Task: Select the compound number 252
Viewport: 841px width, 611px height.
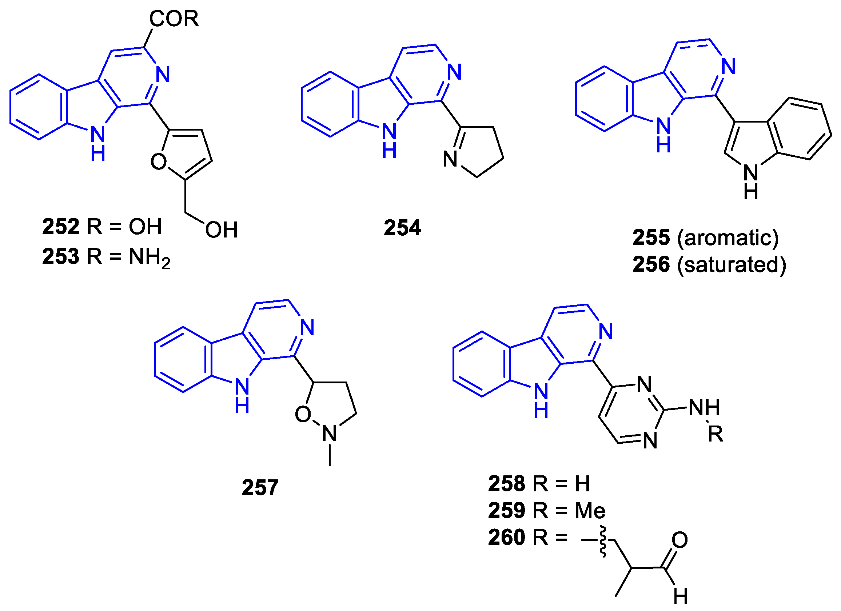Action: (x=61, y=227)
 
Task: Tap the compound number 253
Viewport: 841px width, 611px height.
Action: (x=61, y=256)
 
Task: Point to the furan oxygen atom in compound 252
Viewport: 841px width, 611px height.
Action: (x=159, y=161)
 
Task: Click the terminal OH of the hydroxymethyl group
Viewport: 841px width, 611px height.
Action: (x=222, y=230)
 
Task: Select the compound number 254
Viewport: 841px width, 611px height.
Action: (x=402, y=228)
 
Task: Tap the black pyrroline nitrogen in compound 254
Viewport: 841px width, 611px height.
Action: (x=450, y=159)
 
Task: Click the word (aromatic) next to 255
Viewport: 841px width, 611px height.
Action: (x=728, y=237)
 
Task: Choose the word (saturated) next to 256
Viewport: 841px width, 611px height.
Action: (x=732, y=265)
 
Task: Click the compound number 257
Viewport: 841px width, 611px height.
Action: (x=260, y=487)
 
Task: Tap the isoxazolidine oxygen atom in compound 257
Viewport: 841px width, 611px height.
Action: (x=303, y=415)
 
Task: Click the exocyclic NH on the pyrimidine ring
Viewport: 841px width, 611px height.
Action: (x=704, y=407)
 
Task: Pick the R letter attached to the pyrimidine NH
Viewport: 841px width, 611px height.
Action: (x=715, y=434)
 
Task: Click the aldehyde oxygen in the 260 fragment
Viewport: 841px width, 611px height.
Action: (x=680, y=540)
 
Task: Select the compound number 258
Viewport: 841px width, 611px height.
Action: (x=507, y=483)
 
